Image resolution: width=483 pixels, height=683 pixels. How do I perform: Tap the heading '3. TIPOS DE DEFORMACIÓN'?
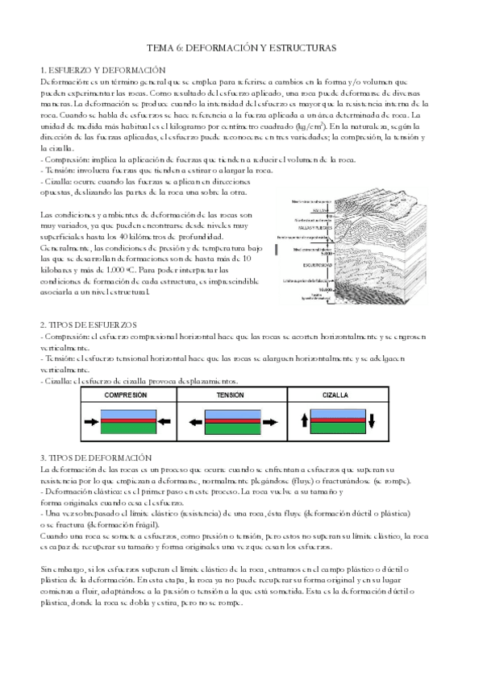[95, 457]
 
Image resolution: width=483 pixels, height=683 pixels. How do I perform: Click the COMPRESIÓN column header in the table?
[125, 396]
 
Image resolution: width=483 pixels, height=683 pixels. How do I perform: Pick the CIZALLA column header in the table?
[335, 396]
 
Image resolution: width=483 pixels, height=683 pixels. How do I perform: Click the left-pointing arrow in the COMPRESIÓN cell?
[164, 421]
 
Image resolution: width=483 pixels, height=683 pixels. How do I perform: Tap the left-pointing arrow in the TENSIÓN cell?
[194, 421]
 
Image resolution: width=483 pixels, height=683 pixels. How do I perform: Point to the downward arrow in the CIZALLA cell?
[373, 421]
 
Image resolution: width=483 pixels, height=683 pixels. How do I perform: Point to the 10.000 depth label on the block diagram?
[324, 289]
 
